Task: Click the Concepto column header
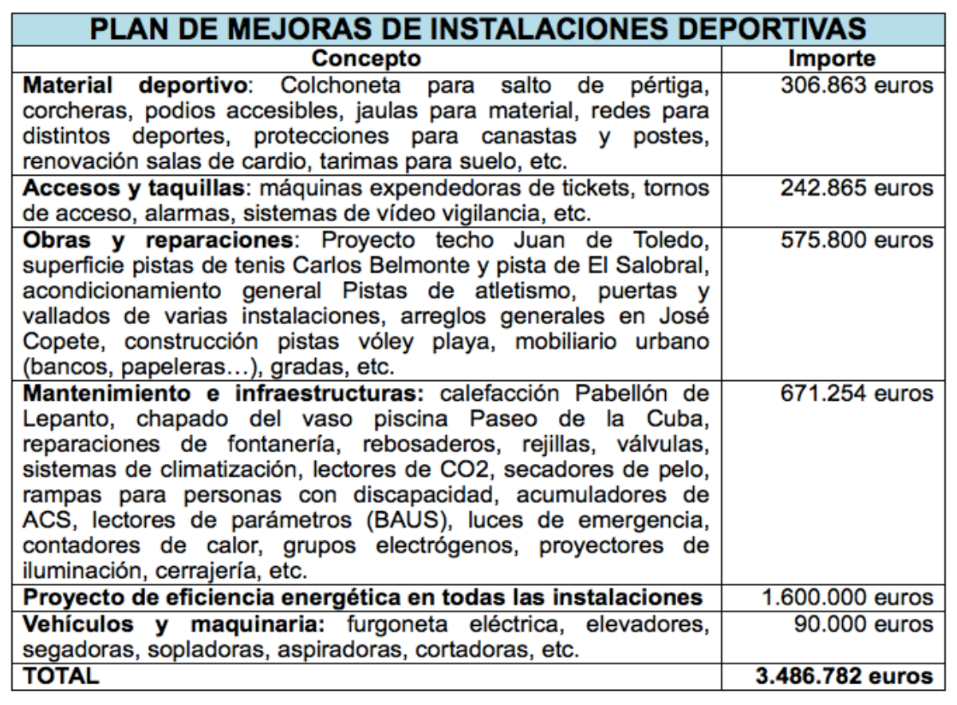pos(365,59)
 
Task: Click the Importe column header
pos(831,59)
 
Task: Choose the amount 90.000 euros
pos(863,624)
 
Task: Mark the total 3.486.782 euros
pos(844,675)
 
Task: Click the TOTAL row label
pos(61,675)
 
